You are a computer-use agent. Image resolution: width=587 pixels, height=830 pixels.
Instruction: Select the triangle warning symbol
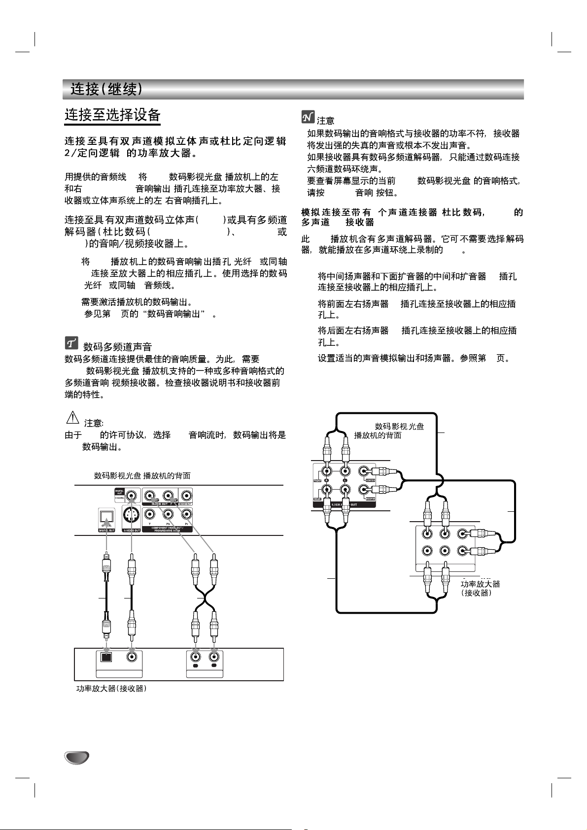tap(72, 418)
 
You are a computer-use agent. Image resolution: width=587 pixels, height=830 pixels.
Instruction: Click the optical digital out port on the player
tap(106, 517)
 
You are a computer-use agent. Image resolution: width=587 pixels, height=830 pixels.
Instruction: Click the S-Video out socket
tap(131, 516)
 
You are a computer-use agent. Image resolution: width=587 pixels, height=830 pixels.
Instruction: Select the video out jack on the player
tap(186, 496)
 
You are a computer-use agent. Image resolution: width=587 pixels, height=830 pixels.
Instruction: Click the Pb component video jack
tap(168, 515)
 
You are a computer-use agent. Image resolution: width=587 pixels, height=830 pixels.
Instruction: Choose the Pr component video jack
tap(186, 515)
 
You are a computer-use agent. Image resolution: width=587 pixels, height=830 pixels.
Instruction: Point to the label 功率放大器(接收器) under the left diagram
tap(111, 689)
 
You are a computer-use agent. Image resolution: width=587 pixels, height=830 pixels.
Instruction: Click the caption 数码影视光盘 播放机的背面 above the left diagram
tap(142, 476)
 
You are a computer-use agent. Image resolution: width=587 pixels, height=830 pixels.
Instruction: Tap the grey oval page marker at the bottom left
tap(76, 758)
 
